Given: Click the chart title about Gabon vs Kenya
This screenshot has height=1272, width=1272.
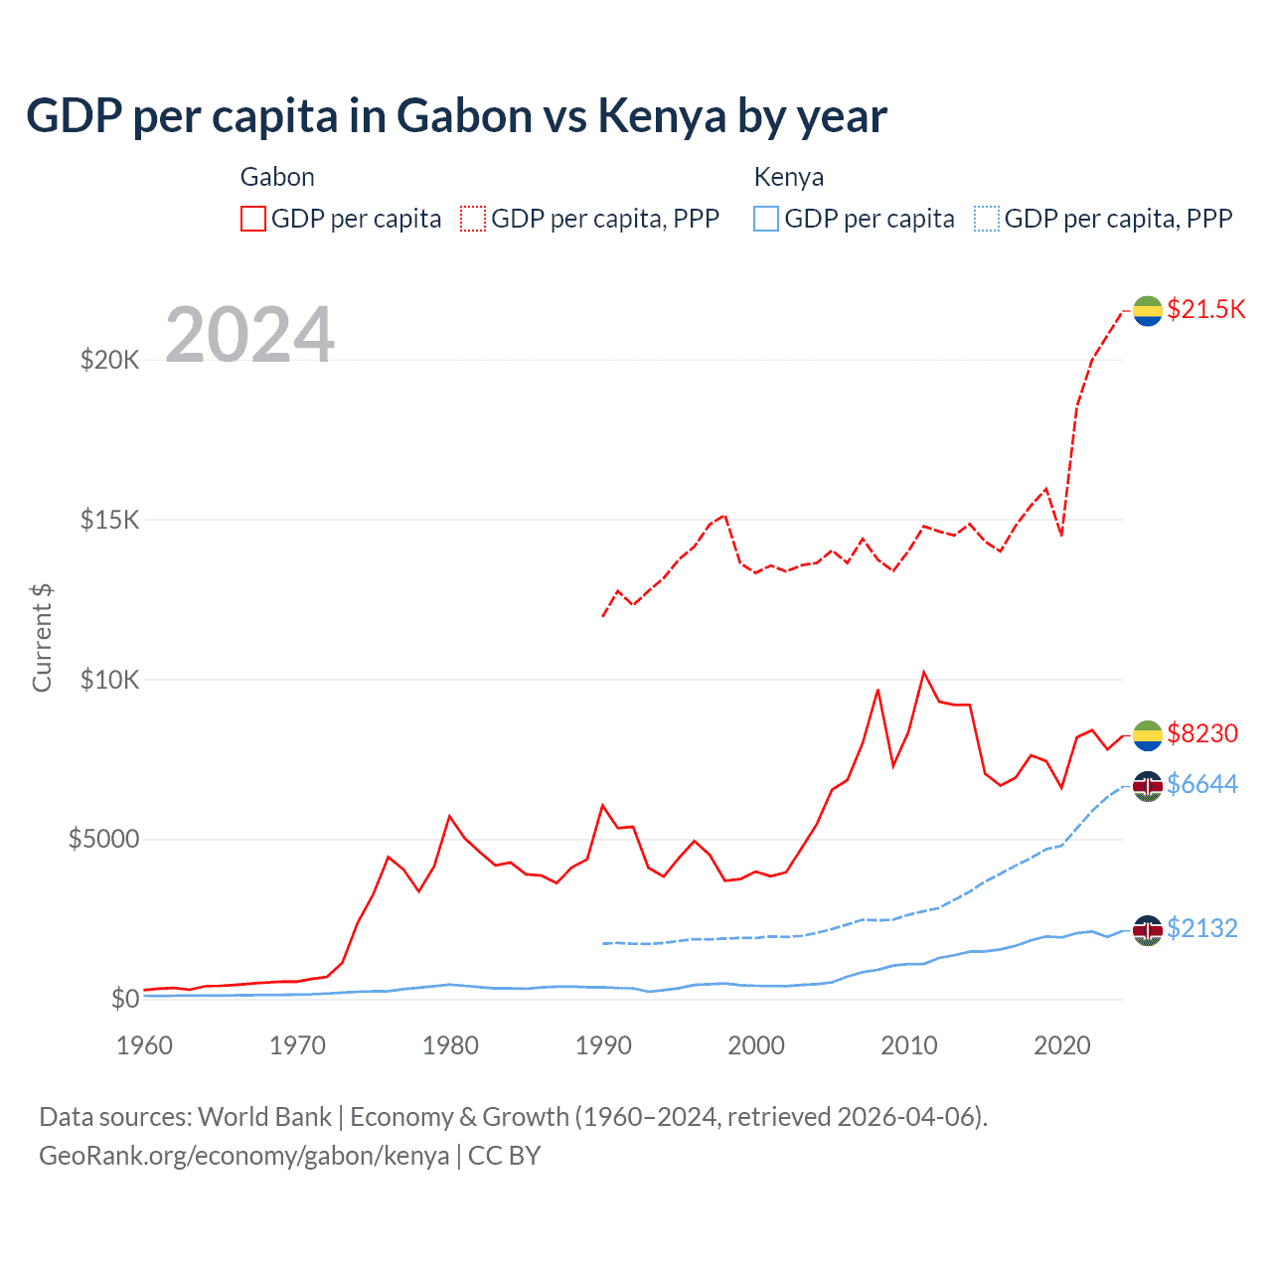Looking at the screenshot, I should click(456, 116).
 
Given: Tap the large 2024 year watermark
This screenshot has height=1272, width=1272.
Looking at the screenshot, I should click(249, 335).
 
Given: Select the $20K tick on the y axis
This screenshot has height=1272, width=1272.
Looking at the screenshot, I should click(109, 360).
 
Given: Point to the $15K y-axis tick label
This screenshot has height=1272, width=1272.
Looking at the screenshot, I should click(109, 520).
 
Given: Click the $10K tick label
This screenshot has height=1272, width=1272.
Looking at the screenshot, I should click(109, 680).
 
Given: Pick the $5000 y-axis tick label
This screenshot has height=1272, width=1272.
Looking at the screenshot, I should click(103, 840).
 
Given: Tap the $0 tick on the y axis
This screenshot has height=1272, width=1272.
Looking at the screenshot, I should click(124, 999).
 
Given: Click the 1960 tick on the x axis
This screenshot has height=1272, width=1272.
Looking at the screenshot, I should click(145, 1045).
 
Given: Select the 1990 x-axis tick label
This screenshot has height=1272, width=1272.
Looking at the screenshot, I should click(603, 1045).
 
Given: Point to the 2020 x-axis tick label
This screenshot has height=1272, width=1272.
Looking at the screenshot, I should click(1062, 1045).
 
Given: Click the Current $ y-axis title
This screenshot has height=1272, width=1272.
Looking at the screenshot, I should click(42, 638).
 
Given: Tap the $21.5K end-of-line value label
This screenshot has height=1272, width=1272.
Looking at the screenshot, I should click(1205, 309).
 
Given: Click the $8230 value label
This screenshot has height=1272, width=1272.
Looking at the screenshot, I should click(1202, 733).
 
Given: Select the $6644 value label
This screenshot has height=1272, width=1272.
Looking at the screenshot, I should click(1202, 784).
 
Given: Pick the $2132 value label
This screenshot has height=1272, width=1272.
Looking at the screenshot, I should click(1202, 928).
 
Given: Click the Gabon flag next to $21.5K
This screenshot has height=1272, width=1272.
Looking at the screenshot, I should click(1148, 310).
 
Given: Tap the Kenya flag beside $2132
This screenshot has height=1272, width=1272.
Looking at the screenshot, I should click(1148, 930).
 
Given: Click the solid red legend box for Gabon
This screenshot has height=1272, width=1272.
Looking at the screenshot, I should click(253, 219).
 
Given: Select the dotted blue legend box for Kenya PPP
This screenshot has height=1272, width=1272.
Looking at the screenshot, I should click(987, 219).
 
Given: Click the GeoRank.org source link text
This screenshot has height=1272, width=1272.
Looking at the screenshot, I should click(243, 1156).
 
